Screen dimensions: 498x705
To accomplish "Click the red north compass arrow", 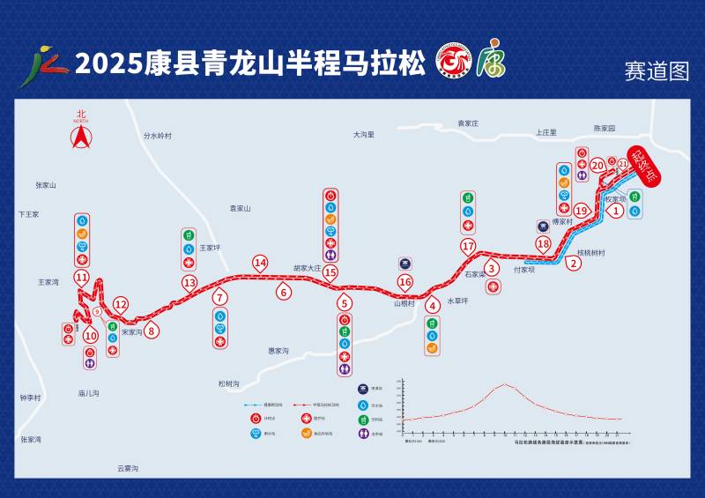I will click(81, 138).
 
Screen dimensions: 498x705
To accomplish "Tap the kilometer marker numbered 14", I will click(260, 263).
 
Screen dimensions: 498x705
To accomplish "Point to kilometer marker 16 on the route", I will click(404, 282).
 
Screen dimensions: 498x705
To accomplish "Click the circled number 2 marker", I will click(575, 263).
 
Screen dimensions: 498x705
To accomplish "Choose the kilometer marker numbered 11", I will click(82, 278).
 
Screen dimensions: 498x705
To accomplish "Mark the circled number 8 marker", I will click(152, 331).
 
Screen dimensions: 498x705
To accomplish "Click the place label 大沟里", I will click(364, 135).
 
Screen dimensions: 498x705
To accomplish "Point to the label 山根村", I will click(404, 302).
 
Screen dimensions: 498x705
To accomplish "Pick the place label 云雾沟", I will click(129, 468).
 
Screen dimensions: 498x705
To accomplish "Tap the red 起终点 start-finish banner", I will click(650, 165).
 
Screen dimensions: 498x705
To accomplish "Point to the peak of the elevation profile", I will click(505, 383).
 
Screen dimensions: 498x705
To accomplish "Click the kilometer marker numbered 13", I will click(189, 283).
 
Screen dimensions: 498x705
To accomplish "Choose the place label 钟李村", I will click(31, 398).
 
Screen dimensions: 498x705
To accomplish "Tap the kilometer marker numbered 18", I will click(543, 244).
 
